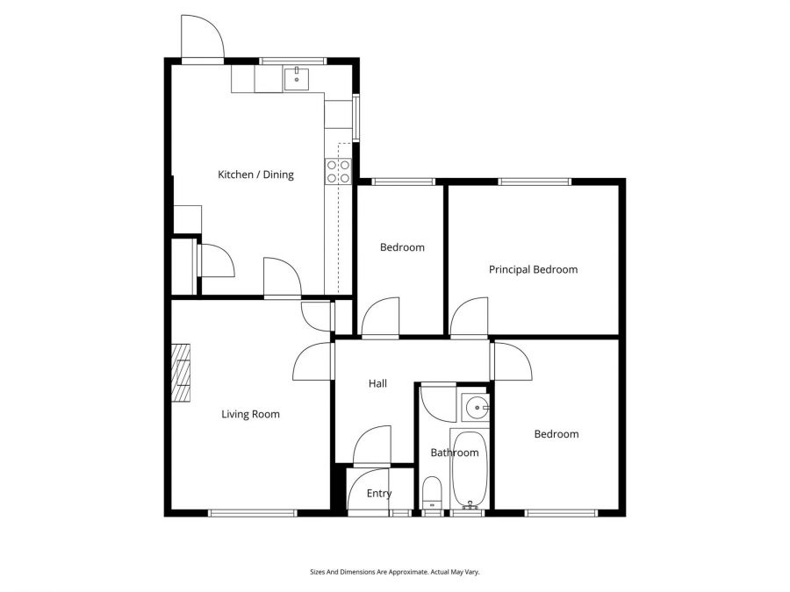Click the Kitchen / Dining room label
pyautogui.click(x=255, y=175)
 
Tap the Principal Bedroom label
pyautogui.click(x=533, y=269)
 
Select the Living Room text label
pyautogui.click(x=250, y=414)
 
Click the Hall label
pyautogui.click(x=377, y=383)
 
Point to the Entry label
pyautogui.click(x=379, y=494)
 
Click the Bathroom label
pyautogui.click(x=454, y=453)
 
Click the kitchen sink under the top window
pyautogui.click(x=297, y=79)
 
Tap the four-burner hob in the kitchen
pyautogui.click(x=338, y=171)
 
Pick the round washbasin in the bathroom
pyautogui.click(x=475, y=406)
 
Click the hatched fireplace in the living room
pyautogui.click(x=181, y=372)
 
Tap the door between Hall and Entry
pyautogui.click(x=373, y=446)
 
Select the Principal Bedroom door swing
pyautogui.click(x=470, y=317)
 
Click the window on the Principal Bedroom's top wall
pyautogui.click(x=535, y=182)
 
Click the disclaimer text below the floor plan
pyautogui.click(x=394, y=572)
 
